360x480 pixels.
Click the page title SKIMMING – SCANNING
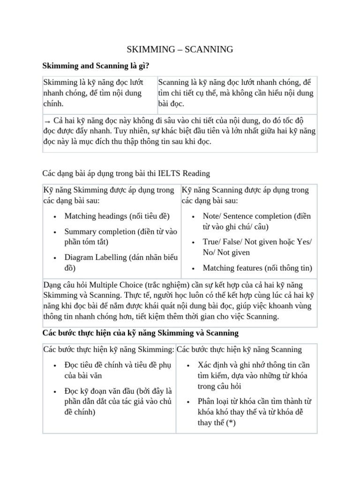pos(180,50)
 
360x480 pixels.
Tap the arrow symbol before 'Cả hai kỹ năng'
pos(46,120)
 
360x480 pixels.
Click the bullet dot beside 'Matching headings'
pos(55,217)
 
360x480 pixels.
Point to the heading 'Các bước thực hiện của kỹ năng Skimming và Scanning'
pos(141,333)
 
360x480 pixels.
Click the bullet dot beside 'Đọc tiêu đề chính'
pos(55,366)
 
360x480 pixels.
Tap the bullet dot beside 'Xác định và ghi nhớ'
pos(188,366)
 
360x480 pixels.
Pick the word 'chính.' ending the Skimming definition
pos(53,103)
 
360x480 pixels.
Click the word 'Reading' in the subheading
pos(196,173)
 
